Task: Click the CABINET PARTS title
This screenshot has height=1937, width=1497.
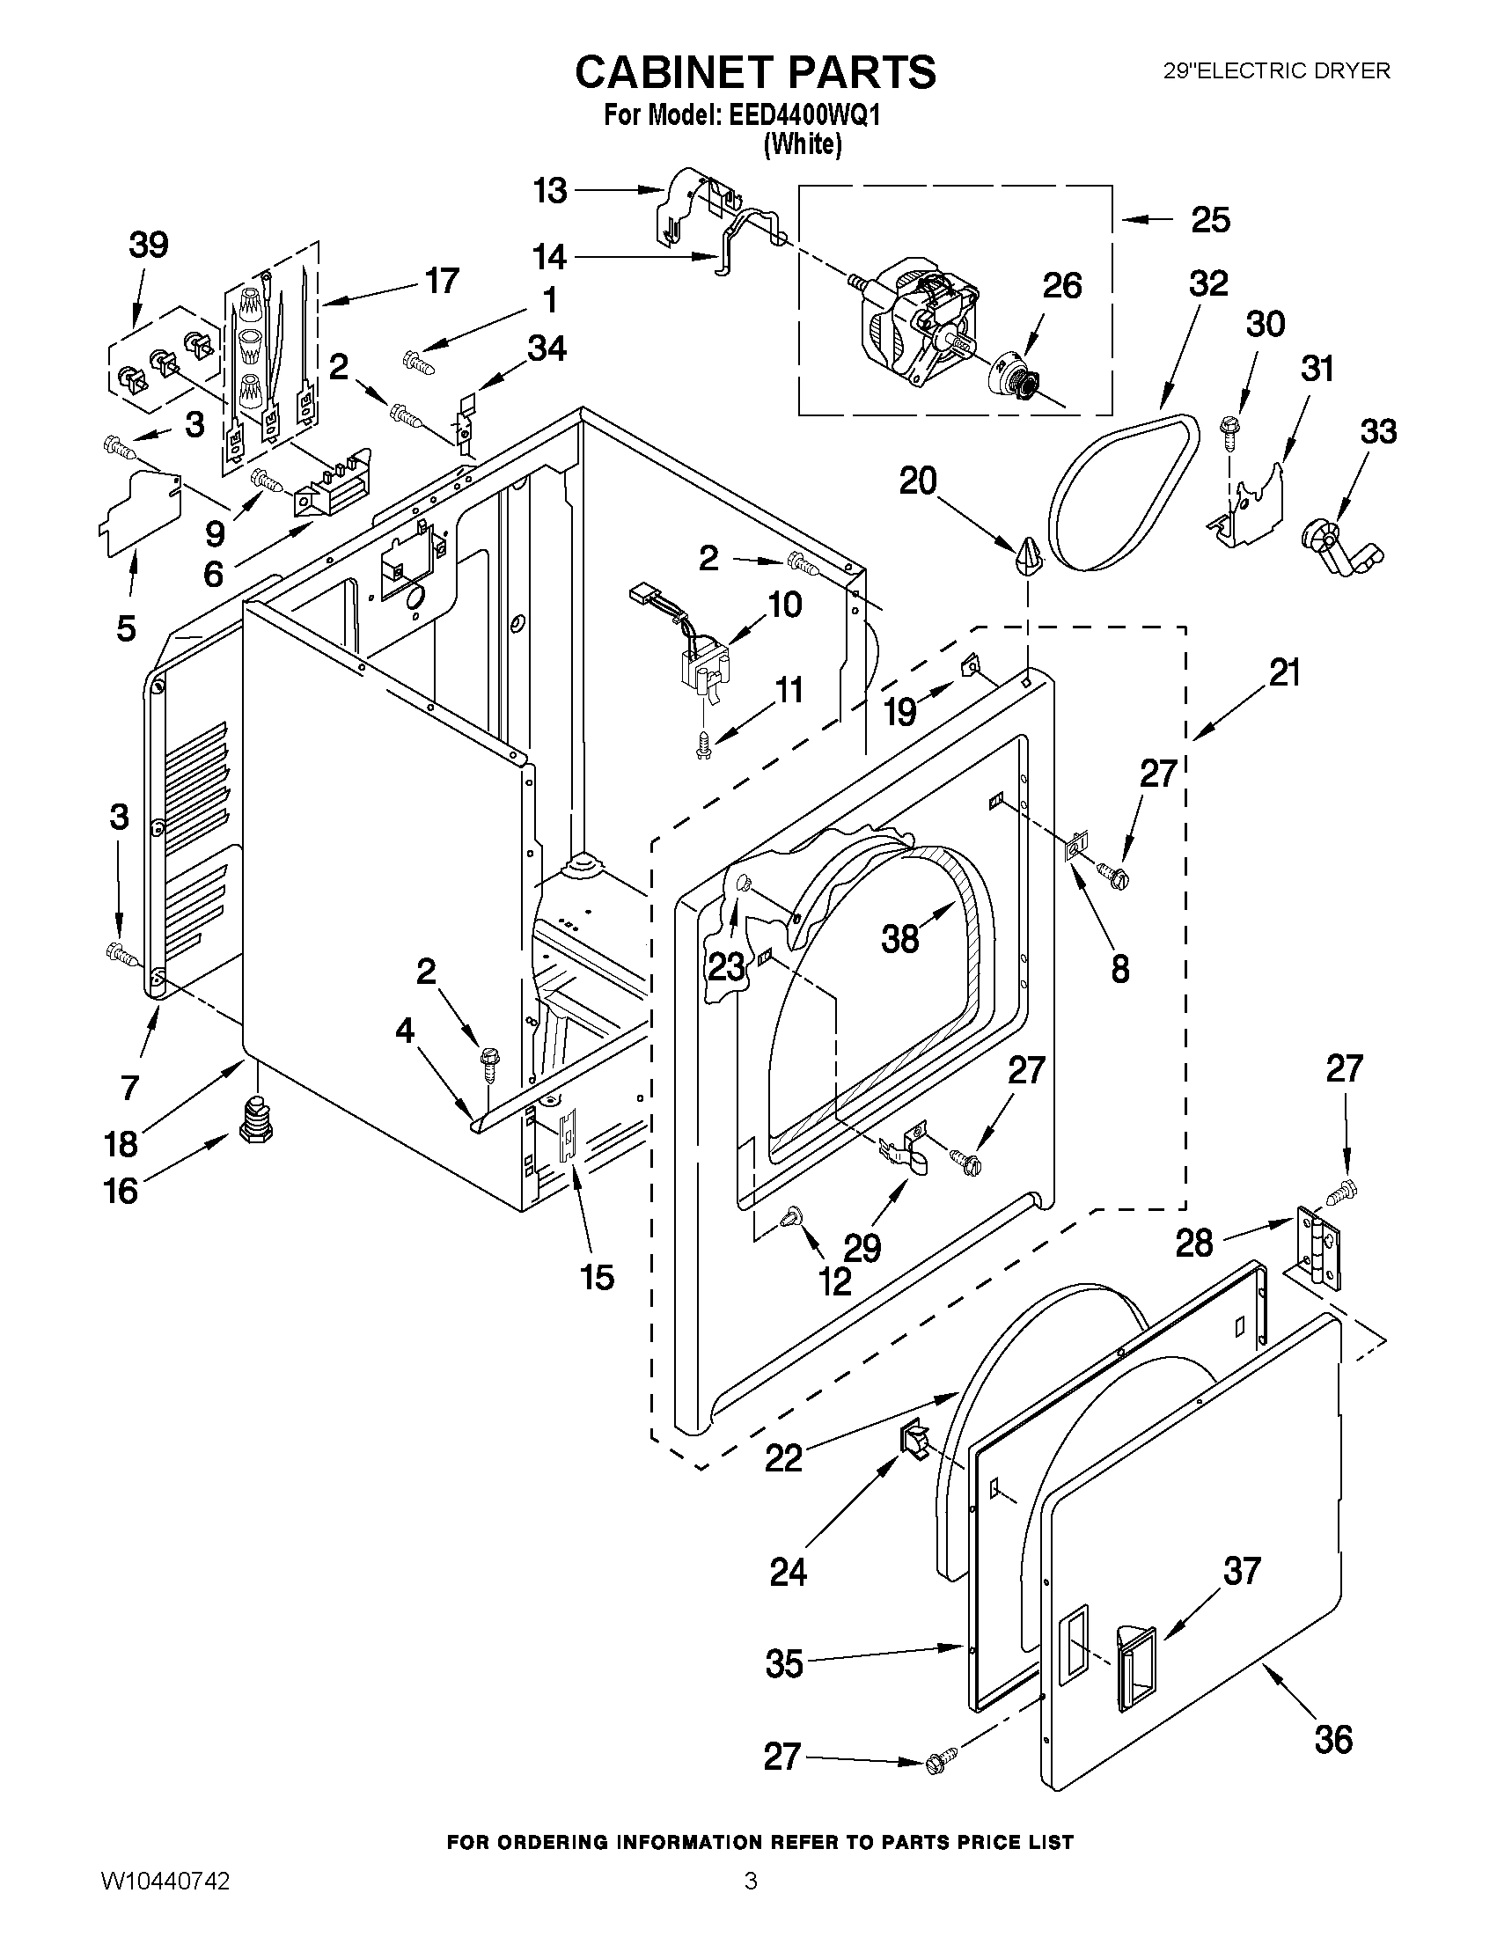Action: tap(756, 72)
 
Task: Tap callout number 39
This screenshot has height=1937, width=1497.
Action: tap(148, 245)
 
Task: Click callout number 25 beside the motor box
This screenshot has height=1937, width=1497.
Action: tap(1210, 219)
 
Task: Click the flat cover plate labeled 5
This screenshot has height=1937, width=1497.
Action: tap(140, 515)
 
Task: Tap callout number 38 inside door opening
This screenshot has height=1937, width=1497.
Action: tap(900, 938)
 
